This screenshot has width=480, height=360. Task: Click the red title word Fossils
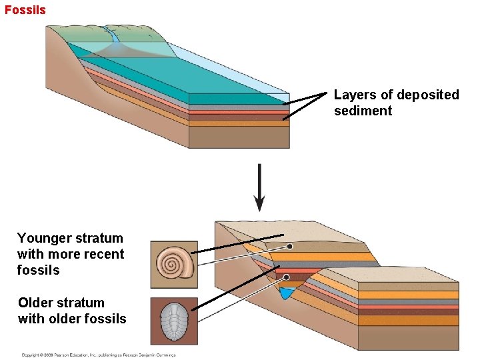25,9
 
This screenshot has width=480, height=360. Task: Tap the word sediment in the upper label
363,111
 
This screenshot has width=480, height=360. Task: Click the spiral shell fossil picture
174,264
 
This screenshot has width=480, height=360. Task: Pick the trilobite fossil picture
174,321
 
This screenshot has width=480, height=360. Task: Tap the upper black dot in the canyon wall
290,247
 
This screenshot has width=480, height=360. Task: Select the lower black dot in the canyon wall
286,277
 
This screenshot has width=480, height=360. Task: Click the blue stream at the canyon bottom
287,293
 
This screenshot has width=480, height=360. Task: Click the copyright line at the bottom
98,355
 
